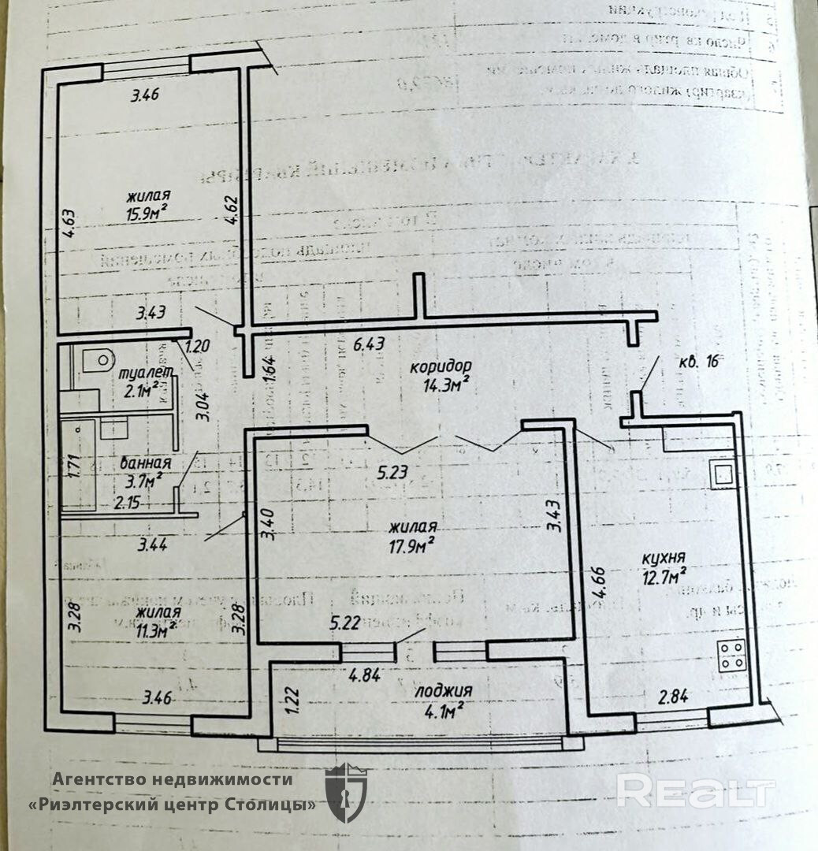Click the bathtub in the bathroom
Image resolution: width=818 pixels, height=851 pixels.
[78, 465]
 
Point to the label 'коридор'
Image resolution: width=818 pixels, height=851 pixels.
[441, 367]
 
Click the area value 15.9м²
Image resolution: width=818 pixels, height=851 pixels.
[148, 212]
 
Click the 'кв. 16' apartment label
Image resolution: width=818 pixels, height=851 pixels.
[699, 362]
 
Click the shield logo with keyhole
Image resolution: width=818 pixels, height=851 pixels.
[346, 792]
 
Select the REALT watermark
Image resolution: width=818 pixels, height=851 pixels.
[695, 790]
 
